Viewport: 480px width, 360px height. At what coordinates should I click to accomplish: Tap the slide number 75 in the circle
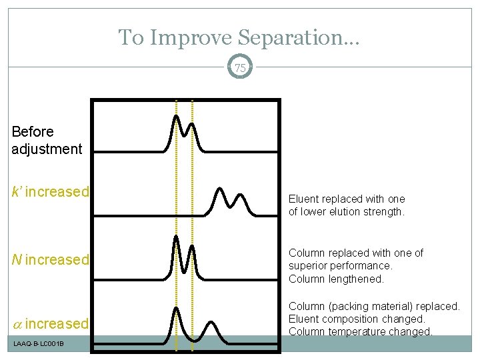click(x=240, y=67)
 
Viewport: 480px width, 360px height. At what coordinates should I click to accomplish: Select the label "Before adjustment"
click(x=46, y=140)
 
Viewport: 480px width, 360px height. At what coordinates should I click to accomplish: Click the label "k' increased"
click(x=50, y=192)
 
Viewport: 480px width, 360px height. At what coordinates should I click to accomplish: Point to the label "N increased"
click(x=50, y=259)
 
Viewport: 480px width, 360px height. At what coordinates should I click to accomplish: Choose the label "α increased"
click(x=50, y=324)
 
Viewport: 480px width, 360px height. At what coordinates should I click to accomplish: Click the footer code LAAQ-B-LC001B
click(x=37, y=343)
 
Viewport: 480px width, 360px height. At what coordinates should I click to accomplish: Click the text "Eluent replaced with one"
click(x=346, y=199)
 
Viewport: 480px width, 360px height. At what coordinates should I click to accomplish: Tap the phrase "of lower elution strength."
click(x=346, y=212)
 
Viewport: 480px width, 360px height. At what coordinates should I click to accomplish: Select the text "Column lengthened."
click(x=336, y=279)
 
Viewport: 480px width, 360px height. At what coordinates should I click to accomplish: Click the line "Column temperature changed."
click(x=360, y=331)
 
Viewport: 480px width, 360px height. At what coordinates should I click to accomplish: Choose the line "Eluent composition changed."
click(x=357, y=319)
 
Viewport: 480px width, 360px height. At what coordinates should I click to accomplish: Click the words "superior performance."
click(x=340, y=266)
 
